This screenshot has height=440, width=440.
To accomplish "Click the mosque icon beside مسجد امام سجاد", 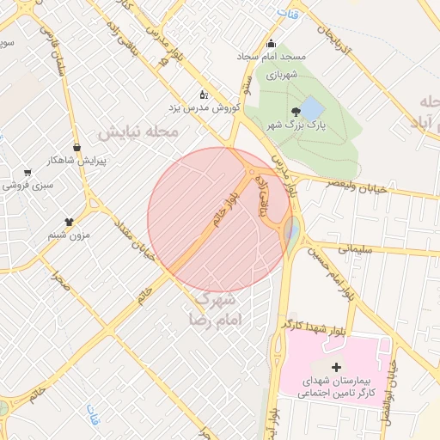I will (272, 44).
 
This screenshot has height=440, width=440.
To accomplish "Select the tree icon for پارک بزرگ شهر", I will (296, 111).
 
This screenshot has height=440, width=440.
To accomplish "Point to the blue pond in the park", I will (311, 109).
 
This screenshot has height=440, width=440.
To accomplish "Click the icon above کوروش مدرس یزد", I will (203, 95).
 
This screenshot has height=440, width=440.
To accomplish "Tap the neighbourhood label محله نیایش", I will (137, 132).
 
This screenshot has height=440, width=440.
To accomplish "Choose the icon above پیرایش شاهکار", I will (77, 147).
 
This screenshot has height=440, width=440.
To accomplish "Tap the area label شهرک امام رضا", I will (217, 309).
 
